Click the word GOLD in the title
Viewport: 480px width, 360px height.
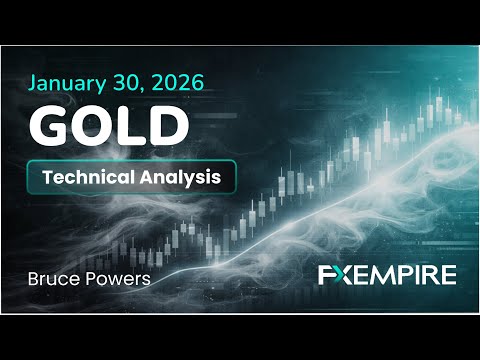[109, 125]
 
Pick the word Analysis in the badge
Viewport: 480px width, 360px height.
[179, 177]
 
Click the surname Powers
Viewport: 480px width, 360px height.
[120, 278]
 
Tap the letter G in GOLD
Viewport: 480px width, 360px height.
[50, 125]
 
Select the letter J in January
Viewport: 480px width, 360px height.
[37, 82]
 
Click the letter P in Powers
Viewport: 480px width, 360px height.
[94, 278]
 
